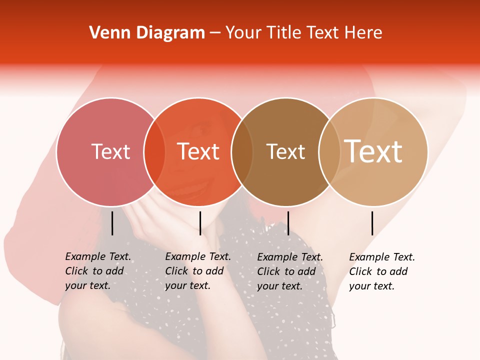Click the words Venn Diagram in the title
click(x=147, y=33)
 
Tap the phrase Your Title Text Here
click(x=303, y=33)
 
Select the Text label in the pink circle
click(x=110, y=151)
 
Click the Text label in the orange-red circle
click(x=198, y=151)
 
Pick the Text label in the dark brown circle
click(x=285, y=151)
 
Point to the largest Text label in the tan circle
click(x=373, y=151)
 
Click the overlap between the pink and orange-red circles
click(x=154, y=152)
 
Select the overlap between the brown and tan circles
click(x=329, y=152)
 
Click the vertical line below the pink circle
click(x=112, y=223)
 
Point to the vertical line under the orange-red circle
click(x=200, y=223)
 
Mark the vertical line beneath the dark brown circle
click(x=288, y=223)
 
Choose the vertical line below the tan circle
click(x=372, y=223)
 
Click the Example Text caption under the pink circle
click(x=97, y=271)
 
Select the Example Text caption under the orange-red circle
click(x=197, y=271)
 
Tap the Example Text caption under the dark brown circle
click(x=289, y=271)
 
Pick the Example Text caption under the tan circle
click(x=381, y=271)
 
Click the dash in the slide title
click(x=215, y=33)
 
